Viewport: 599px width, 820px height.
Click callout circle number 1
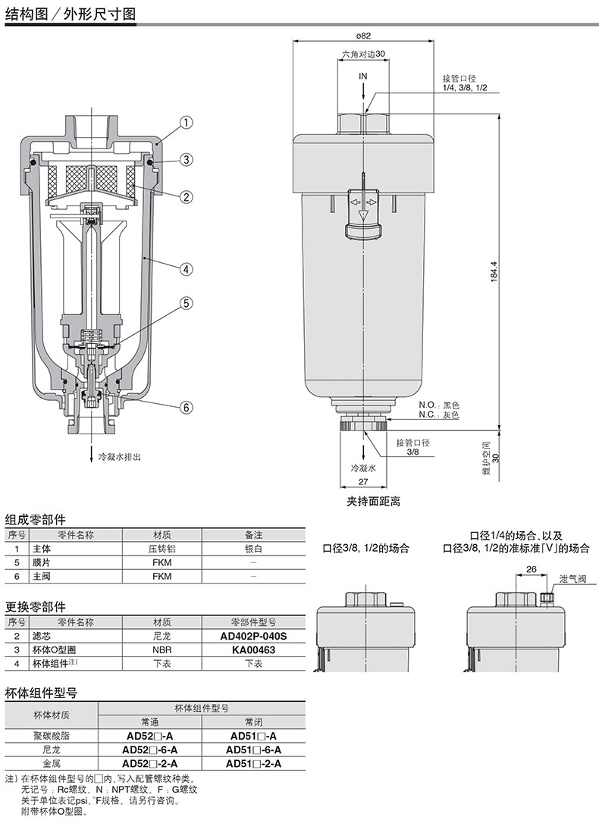pos(187,123)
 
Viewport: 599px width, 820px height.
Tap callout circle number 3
pos(187,159)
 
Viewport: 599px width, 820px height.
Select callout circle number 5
pos(187,303)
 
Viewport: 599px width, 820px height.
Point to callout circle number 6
pos(187,408)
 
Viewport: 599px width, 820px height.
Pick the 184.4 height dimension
pos(494,272)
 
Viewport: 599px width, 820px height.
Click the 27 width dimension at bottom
pos(363,482)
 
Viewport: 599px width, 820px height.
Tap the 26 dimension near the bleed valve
pos(531,569)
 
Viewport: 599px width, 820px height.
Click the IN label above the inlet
pos(363,77)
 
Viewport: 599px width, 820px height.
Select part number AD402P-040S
pos(254,637)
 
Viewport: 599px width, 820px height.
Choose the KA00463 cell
pos(254,650)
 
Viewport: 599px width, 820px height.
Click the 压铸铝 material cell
pos(162,549)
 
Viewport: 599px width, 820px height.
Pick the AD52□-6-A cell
pos(149,750)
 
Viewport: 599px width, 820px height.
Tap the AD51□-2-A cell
pos(254,763)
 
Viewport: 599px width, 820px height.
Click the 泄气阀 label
pos(573,580)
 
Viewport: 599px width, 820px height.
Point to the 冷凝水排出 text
pos(120,456)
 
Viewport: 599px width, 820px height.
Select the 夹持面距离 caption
pos(374,502)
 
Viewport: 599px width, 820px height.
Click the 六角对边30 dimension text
pos(364,54)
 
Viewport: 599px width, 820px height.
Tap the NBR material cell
pos(162,650)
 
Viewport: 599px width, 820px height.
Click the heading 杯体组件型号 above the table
pos(42,693)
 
